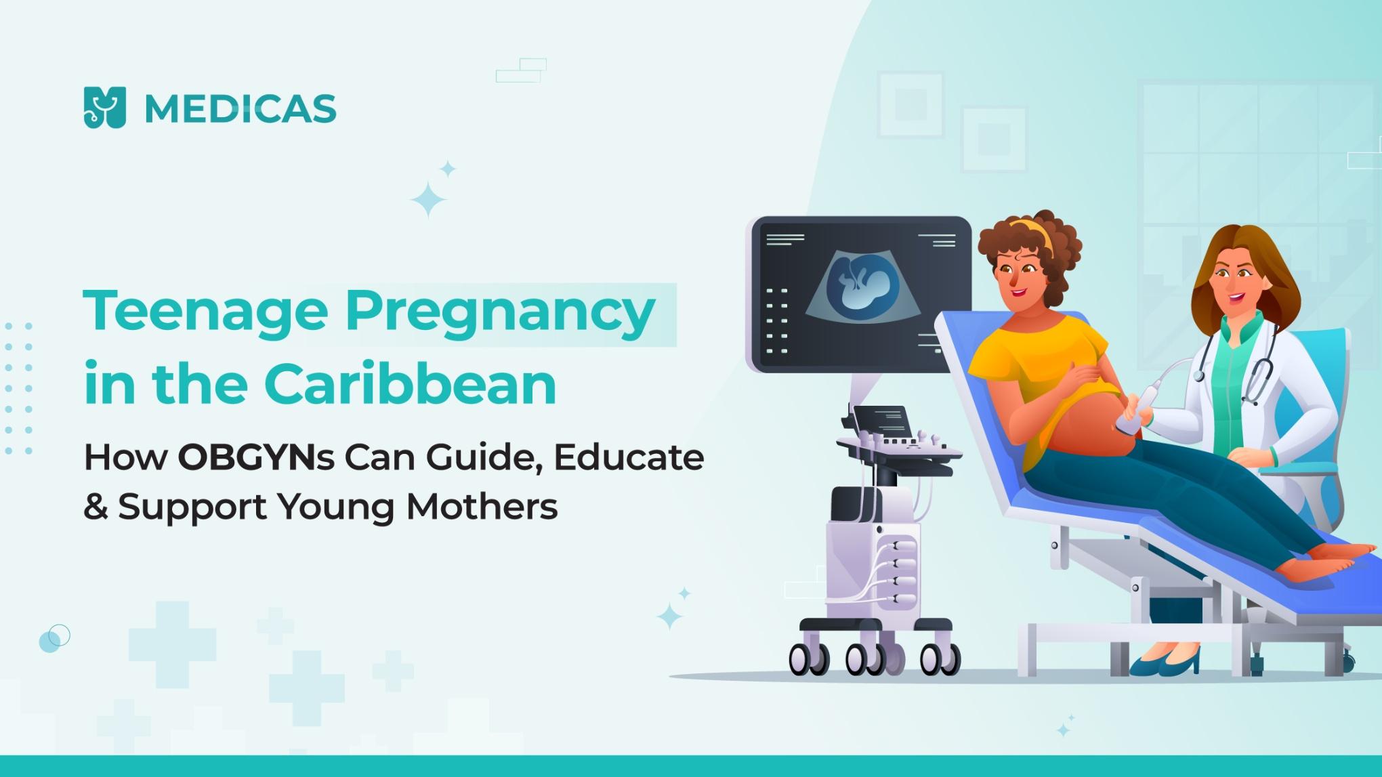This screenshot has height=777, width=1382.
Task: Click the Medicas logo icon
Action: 104,107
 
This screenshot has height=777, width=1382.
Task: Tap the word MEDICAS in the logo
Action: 240,109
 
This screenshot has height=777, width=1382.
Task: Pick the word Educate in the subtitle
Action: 629,458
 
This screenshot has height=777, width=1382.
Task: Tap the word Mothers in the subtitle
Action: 482,506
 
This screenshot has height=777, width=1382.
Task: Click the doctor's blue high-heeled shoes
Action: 1165,663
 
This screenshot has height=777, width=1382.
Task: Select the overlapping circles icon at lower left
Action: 54,637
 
